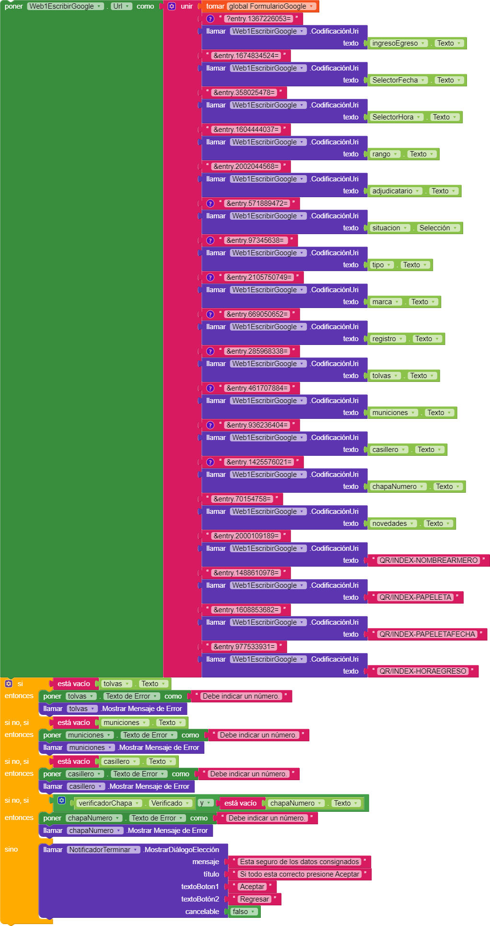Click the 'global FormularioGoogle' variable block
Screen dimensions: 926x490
(271, 6)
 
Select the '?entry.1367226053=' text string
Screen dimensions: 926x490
(259, 19)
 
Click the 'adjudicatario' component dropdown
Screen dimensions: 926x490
(396, 191)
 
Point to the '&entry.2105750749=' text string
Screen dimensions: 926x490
(259, 277)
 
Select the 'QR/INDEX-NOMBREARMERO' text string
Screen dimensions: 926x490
(428, 560)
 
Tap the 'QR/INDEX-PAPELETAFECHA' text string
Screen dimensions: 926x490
(427, 634)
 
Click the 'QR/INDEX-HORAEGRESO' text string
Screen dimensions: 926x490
(422, 671)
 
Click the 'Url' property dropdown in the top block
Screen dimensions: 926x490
(121, 6)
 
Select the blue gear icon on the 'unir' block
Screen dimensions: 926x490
(172, 6)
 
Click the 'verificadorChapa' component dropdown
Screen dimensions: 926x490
(109, 803)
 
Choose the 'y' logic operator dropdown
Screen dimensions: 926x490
(205, 803)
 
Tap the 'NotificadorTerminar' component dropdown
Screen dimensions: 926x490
(103, 850)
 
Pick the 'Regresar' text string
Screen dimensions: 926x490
(254, 899)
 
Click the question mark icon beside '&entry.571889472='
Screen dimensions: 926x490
(210, 203)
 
